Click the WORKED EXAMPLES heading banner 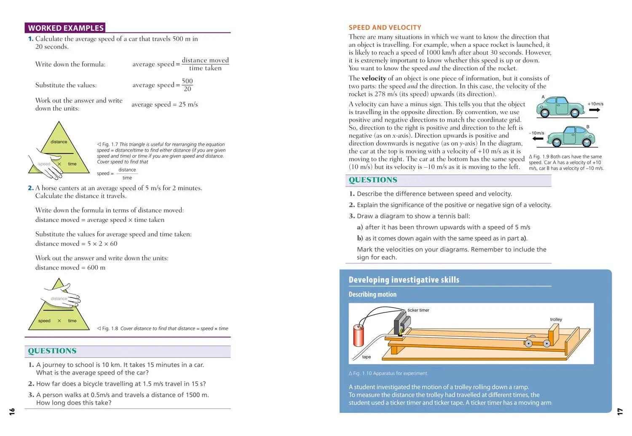pyautogui.click(x=65, y=28)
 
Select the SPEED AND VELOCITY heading pyautogui.click(x=385, y=27)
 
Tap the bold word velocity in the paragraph pyautogui.click(x=374, y=78)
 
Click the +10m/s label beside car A pyautogui.click(x=595, y=104)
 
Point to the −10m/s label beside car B pyautogui.click(x=536, y=133)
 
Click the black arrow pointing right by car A pyautogui.click(x=595, y=110)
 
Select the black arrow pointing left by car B pyautogui.click(x=538, y=138)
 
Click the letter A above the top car pyautogui.click(x=543, y=97)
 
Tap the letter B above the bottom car pyautogui.click(x=588, y=127)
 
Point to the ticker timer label pyautogui.click(x=418, y=310)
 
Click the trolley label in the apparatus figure pyautogui.click(x=556, y=319)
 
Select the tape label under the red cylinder pyautogui.click(x=367, y=357)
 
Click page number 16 pyautogui.click(x=12, y=411)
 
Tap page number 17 pyautogui.click(x=620, y=411)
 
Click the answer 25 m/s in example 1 pyautogui.click(x=188, y=104)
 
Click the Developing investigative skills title pyautogui.click(x=404, y=280)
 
